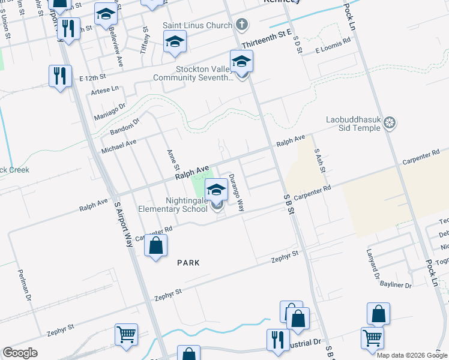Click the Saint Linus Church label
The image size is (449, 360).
197,26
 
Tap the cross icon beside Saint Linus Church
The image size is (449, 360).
241,25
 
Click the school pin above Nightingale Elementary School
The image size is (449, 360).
216,191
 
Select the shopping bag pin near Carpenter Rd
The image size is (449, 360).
155,246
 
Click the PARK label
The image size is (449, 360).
188,263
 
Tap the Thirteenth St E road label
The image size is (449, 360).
266,40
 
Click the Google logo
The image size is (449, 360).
20,353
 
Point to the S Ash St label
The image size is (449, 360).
319,161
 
